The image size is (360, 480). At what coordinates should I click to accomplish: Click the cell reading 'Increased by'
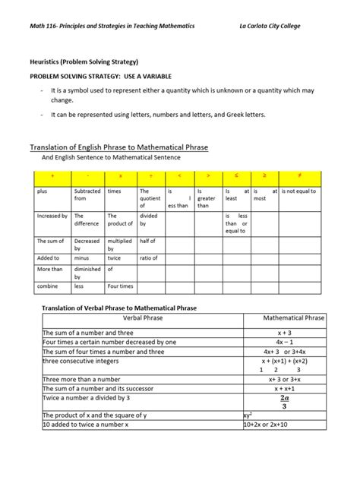point(52,216)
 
